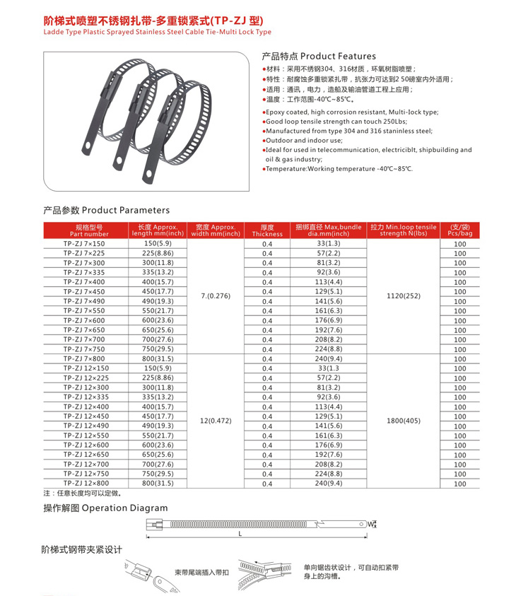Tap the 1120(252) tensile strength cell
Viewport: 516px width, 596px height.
[404, 296]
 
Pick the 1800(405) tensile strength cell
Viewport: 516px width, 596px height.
[404, 421]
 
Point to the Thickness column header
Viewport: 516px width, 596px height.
[266, 230]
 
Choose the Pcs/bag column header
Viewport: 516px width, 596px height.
[460, 230]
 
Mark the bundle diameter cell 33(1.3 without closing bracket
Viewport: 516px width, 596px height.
[329, 368]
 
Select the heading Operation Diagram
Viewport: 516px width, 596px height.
[106, 508]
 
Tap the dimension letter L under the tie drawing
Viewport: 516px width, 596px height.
[240, 534]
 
